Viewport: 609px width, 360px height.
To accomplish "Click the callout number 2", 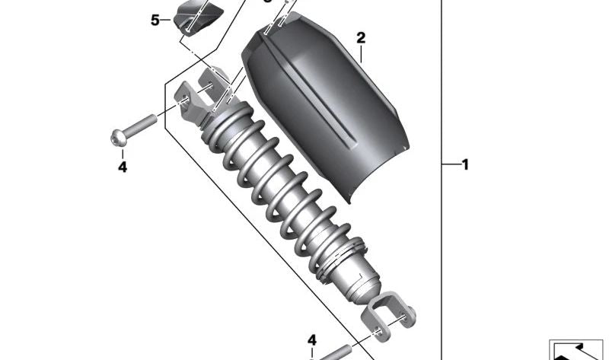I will pyautogui.click(x=361, y=37).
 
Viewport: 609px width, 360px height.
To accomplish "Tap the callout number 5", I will pyautogui.click(x=155, y=20).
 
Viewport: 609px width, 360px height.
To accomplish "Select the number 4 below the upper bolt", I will pyautogui.click(x=122, y=167).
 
